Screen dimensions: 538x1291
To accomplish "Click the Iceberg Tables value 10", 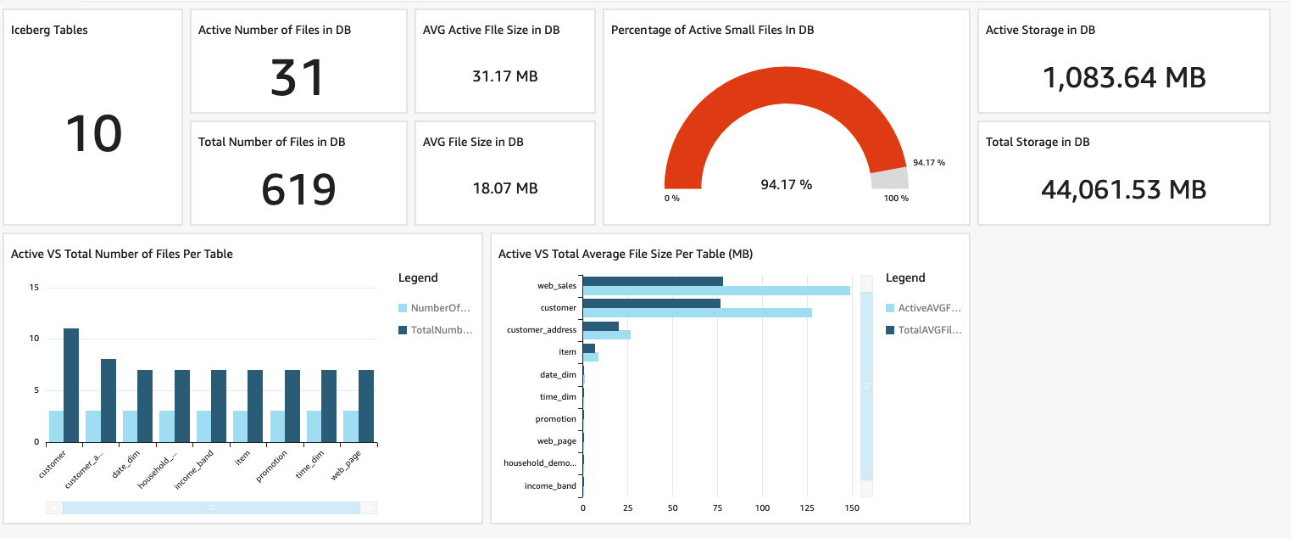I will pos(93,134).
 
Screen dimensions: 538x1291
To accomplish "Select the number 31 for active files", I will pos(298,77).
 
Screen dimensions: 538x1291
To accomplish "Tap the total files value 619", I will pos(298,189).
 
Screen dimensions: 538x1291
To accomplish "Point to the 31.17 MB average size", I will pos(504,76).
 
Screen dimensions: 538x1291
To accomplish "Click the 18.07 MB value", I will pos(504,188).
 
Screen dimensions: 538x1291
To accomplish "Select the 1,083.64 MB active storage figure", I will pos(1123,77).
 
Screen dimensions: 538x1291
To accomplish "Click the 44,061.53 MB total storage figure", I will pos(1123,189).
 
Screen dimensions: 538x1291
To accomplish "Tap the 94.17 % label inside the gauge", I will pos(786,184).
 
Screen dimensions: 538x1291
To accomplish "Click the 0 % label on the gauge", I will pos(671,199).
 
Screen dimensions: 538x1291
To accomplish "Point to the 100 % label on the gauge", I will pos(896,199).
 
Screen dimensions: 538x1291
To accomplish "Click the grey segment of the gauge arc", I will pos(889,177).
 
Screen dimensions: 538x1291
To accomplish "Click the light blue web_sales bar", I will pos(715,291).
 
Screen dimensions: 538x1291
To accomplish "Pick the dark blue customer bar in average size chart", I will pos(651,303).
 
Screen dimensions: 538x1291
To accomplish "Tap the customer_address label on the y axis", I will pos(541,329).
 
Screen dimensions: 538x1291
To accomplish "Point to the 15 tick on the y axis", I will pos(34,288).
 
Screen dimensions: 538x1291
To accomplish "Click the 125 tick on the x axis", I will pos(807,508).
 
